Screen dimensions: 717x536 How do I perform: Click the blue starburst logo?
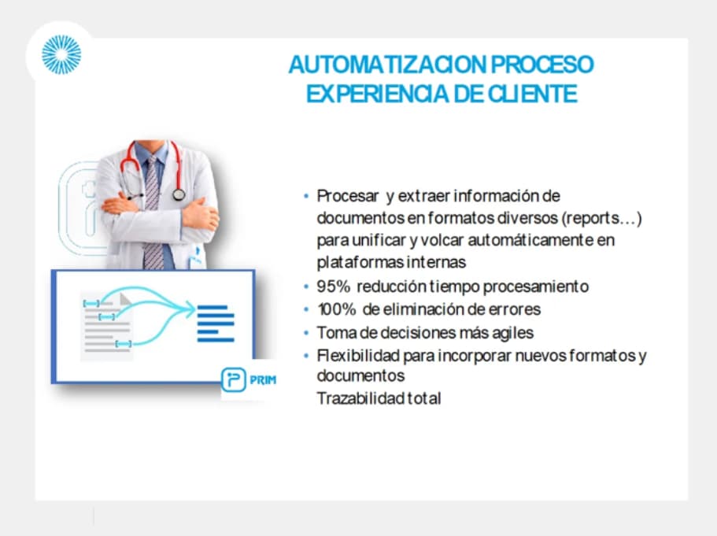coord(61,54)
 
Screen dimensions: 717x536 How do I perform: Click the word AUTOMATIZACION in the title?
coord(388,65)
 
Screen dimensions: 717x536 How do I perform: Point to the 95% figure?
coord(334,286)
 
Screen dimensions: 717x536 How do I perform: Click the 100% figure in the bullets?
coord(336,309)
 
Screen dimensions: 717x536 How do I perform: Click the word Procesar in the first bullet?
coord(348,196)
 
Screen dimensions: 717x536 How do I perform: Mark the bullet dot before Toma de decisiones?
coord(306,333)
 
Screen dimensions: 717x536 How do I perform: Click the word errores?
coord(515,309)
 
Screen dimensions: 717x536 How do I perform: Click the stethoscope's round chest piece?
coord(179,194)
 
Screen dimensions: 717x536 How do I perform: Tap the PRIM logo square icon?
coord(233,379)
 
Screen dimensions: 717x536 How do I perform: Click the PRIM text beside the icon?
coord(263,380)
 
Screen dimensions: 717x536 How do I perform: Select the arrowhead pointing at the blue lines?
coord(190,309)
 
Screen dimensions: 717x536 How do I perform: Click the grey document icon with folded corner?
coord(106,327)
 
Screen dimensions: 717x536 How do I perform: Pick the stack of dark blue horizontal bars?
coord(216,323)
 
